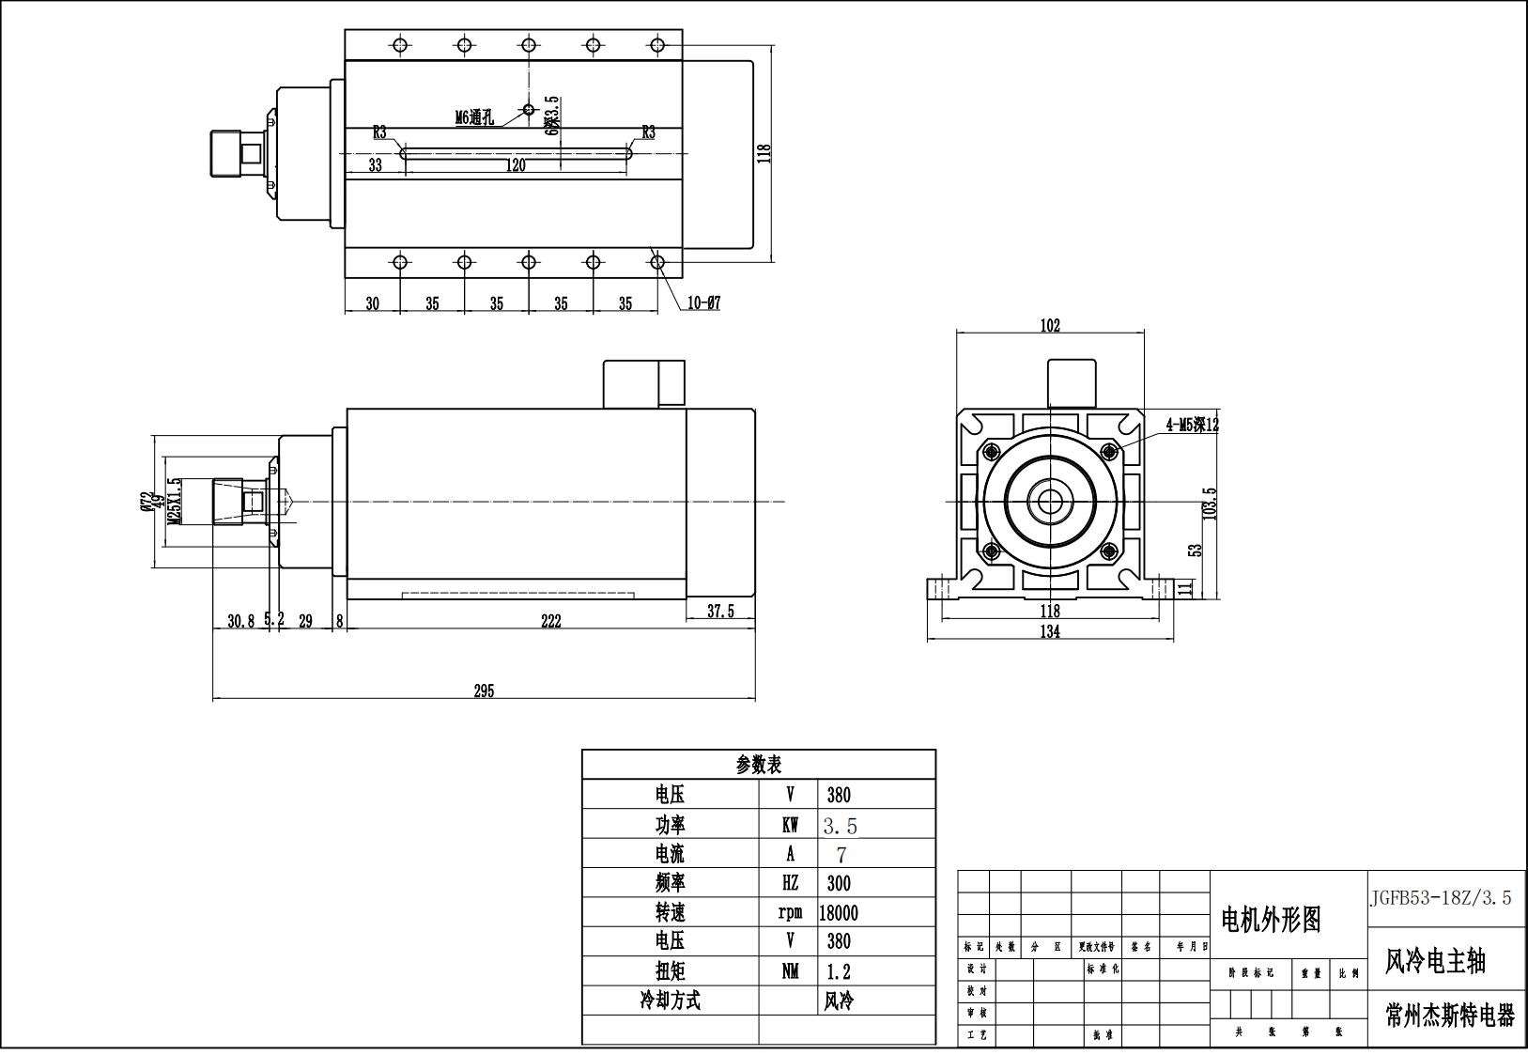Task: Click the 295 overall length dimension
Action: coord(484,690)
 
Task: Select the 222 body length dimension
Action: coord(551,621)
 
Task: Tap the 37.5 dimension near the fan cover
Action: coord(720,611)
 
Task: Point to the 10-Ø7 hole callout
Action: coord(703,303)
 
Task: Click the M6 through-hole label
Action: coord(474,117)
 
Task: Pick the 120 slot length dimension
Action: coord(516,165)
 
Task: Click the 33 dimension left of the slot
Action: coord(376,165)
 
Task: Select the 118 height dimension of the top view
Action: coord(764,153)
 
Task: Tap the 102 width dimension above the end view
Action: coord(1050,325)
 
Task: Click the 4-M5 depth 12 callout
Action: coord(1192,425)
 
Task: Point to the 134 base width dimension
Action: coord(1050,631)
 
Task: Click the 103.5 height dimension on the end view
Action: coord(1210,504)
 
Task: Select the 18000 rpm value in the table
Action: coord(839,912)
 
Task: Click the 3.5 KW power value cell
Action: coord(841,826)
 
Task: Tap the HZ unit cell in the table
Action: coord(790,883)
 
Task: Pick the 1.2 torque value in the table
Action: coord(839,971)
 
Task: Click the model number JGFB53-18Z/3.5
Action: coord(1441,898)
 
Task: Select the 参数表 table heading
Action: coord(759,765)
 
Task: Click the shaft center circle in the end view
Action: coord(1050,501)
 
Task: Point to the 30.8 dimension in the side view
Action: coord(240,621)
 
